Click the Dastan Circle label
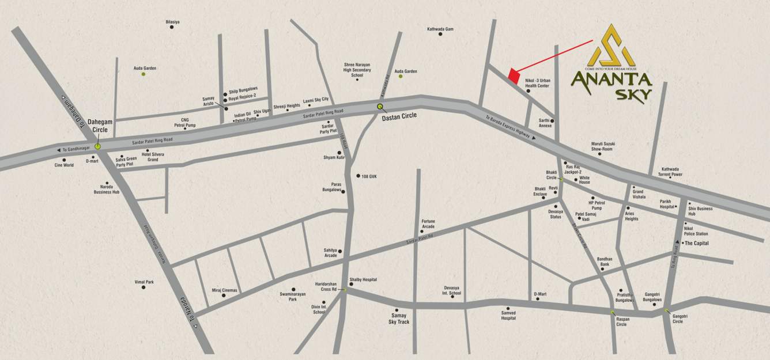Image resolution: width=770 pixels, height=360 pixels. [399, 115]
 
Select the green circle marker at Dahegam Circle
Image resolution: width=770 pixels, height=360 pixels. [98, 146]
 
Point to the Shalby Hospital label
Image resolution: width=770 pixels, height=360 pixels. [363, 279]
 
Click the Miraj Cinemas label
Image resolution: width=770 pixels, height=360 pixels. [224, 290]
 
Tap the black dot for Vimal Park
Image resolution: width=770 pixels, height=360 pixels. [144, 287]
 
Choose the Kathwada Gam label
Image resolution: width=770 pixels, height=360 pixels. [441, 28]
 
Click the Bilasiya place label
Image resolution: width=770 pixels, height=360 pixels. [173, 22]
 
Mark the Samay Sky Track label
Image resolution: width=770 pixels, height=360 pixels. [399, 319]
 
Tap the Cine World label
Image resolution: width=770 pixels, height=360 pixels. [64, 165]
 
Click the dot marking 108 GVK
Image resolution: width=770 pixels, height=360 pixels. [358, 176]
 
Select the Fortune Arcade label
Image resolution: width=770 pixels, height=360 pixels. [428, 223]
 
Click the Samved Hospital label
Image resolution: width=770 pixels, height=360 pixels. [508, 316]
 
